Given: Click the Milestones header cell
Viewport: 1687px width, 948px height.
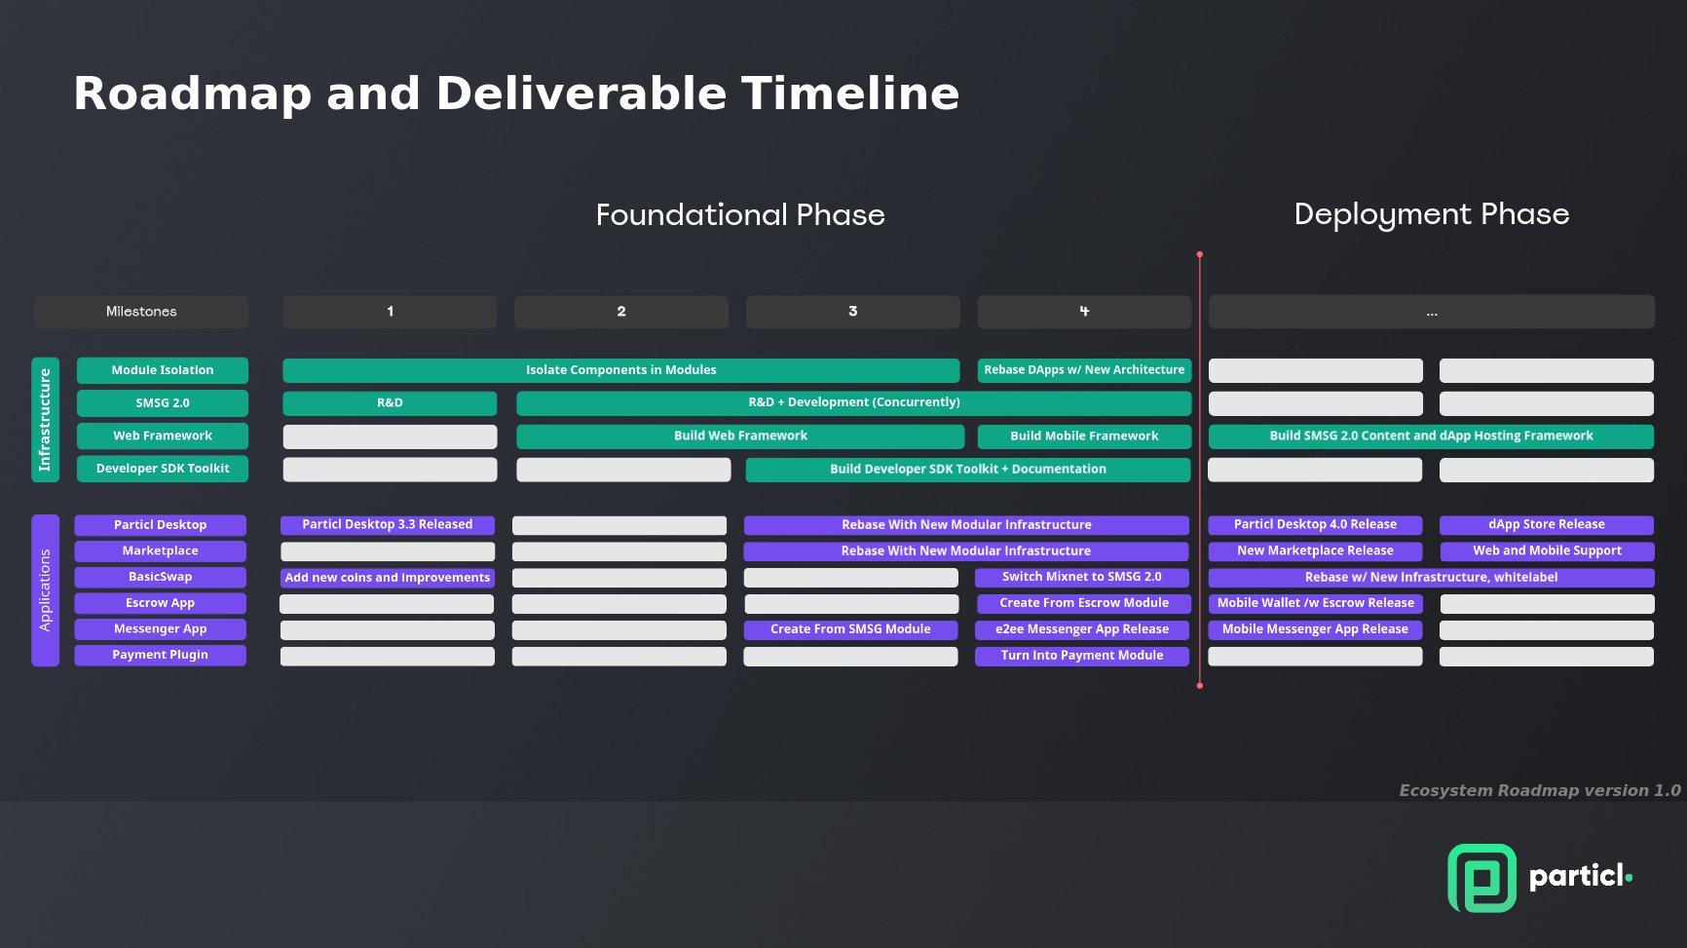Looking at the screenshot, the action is pos(141,312).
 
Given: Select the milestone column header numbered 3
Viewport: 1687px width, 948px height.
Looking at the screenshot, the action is pos(852,312).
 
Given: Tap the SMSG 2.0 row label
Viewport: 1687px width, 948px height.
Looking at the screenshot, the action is pos(163,402).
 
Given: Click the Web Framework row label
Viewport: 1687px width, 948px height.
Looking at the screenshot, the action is pos(163,436).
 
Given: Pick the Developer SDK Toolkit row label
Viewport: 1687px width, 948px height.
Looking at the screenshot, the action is pos(163,469).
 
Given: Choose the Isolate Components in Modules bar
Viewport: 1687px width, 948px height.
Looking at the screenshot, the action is pos(621,370).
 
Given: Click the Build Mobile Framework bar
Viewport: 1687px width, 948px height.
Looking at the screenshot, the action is pos(1084,436).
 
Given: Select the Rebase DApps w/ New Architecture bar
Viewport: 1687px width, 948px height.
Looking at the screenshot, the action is pos(1084,370).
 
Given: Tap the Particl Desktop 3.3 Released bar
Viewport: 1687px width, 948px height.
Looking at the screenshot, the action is pos(388,524).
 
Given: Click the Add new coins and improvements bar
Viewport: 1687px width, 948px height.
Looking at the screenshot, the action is pos(388,577).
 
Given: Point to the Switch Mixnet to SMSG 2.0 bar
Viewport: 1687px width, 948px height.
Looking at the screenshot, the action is pos(1082,577).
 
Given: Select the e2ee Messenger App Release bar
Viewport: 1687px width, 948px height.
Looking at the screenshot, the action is pos(1082,629).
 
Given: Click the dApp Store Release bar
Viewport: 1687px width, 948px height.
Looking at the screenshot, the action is pos(1547,524).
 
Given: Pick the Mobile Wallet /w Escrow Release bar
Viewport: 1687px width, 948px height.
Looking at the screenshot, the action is pos(1316,603).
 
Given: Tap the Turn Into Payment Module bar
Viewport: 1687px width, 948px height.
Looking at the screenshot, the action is pos(1082,656).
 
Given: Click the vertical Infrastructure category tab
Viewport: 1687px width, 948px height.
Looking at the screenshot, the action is pos(45,420).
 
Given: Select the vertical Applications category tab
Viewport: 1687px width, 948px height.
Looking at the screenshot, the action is pos(45,590).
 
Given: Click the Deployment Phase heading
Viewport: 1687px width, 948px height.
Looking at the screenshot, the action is pos(1432,214).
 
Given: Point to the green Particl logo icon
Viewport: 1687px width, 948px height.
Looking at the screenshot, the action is pos(1481,878).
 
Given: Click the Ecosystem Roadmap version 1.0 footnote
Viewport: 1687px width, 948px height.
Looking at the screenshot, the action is pos(1540,790).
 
